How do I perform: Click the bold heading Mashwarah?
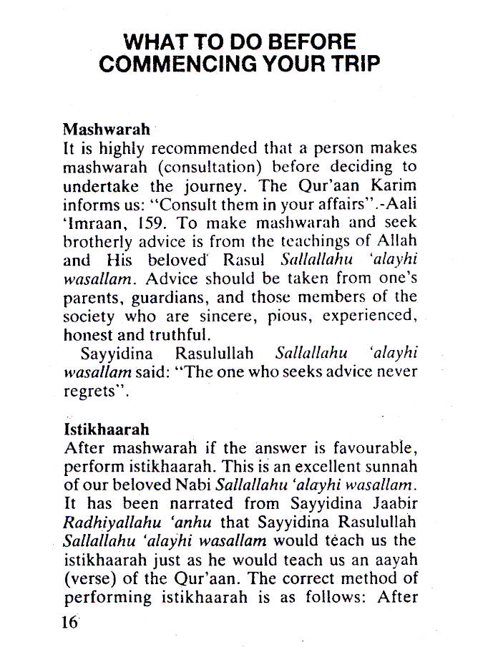pos(107,130)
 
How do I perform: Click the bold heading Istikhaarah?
pos(107,429)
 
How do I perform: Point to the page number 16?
pos(69,622)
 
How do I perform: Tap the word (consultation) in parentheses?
pos(208,167)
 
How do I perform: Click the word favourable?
pos(376,449)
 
